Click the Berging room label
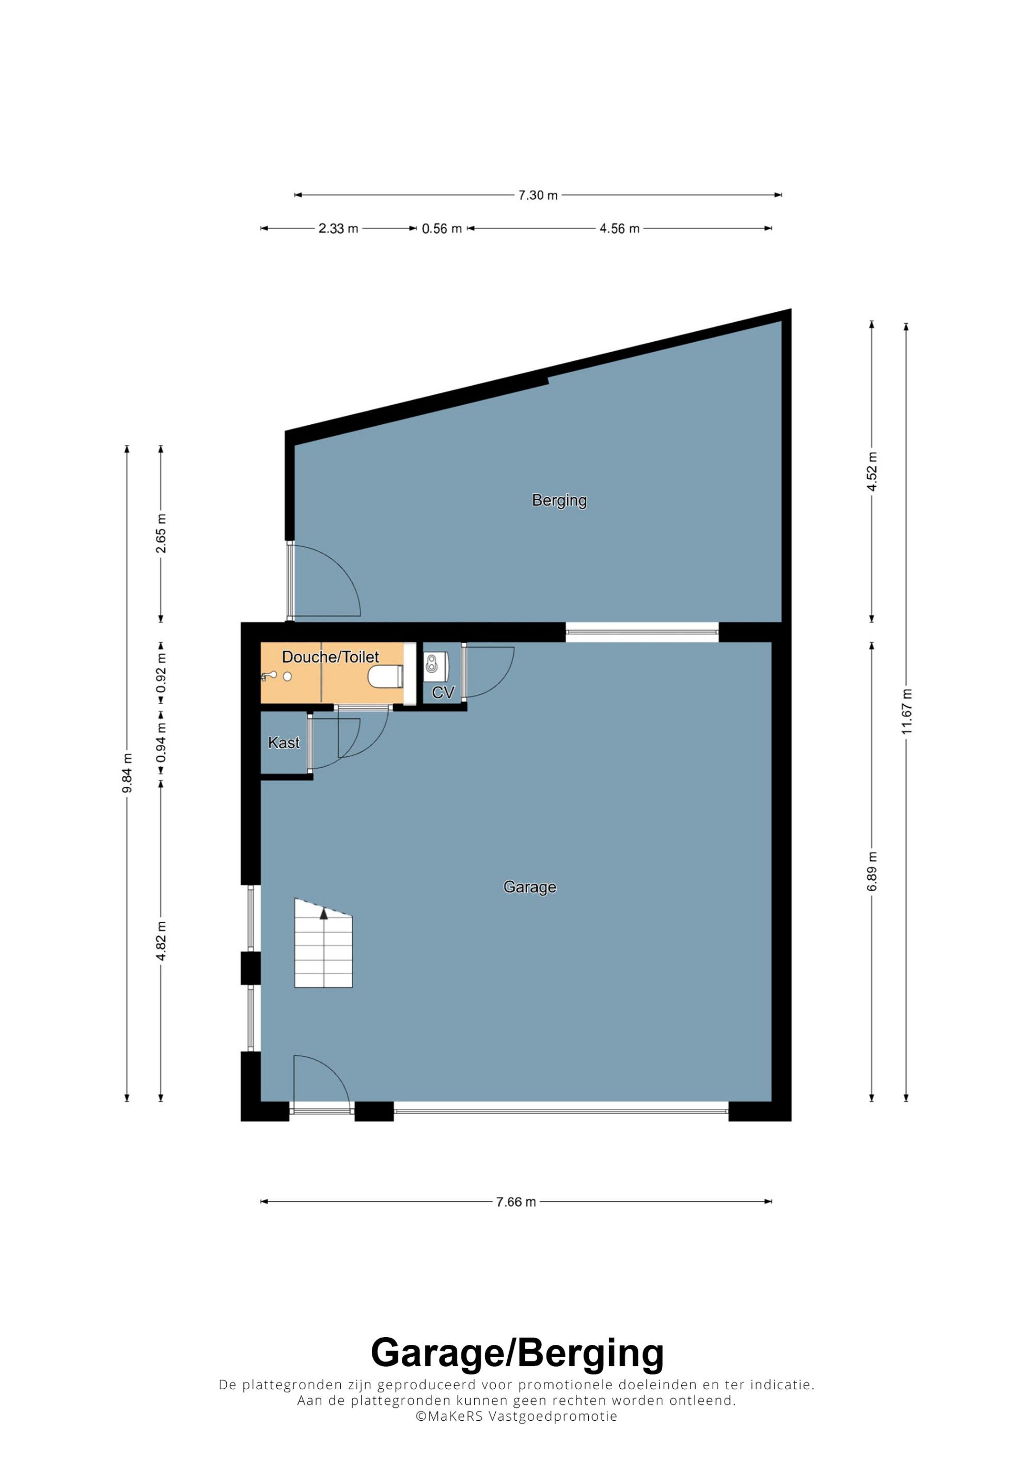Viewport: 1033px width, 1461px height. [x=559, y=501]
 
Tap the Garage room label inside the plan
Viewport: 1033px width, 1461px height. [x=529, y=887]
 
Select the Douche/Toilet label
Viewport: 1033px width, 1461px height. [x=331, y=657]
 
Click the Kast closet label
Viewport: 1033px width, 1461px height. [x=284, y=742]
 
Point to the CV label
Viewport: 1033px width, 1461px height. [x=443, y=692]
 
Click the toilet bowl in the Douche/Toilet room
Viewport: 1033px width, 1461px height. [x=385, y=676]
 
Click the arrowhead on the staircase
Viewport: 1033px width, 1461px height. [x=323, y=913]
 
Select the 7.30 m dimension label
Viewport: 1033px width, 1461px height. [x=538, y=195]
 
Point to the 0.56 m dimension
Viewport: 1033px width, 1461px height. [x=442, y=228]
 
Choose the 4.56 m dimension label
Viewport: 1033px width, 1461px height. [x=619, y=228]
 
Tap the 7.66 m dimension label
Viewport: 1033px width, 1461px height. [x=516, y=1202]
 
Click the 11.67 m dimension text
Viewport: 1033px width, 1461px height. [x=906, y=711]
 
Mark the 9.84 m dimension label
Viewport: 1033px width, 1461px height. [x=127, y=773]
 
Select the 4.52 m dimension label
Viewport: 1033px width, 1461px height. [x=872, y=471]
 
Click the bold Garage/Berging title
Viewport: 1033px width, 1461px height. [x=517, y=1354]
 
